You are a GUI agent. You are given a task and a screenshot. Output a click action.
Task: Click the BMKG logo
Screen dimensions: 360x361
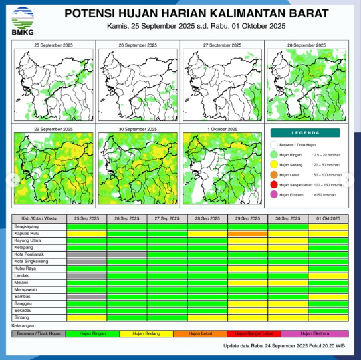tap(23, 17)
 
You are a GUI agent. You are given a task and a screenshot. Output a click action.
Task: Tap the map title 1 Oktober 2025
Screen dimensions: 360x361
tap(223, 128)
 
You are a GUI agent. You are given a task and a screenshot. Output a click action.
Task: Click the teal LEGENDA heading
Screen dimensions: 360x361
tap(306, 133)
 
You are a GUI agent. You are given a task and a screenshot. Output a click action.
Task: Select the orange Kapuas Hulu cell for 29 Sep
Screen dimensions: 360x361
tap(247, 234)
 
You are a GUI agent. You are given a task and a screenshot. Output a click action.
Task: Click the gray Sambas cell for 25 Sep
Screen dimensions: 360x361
tap(86, 296)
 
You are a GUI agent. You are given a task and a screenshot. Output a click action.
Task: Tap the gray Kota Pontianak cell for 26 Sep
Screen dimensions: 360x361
tap(127, 254)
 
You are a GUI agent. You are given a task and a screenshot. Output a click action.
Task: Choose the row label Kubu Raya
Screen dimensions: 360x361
tap(25, 268)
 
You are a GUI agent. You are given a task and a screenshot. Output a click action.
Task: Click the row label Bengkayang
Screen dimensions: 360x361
tap(26, 227)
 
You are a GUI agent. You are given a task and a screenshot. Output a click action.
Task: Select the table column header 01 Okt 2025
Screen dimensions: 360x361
tap(328, 219)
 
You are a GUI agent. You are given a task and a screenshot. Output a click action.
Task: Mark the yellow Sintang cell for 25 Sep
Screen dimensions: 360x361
tap(86, 317)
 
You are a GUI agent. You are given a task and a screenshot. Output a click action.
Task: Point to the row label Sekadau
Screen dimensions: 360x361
tap(24, 310)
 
